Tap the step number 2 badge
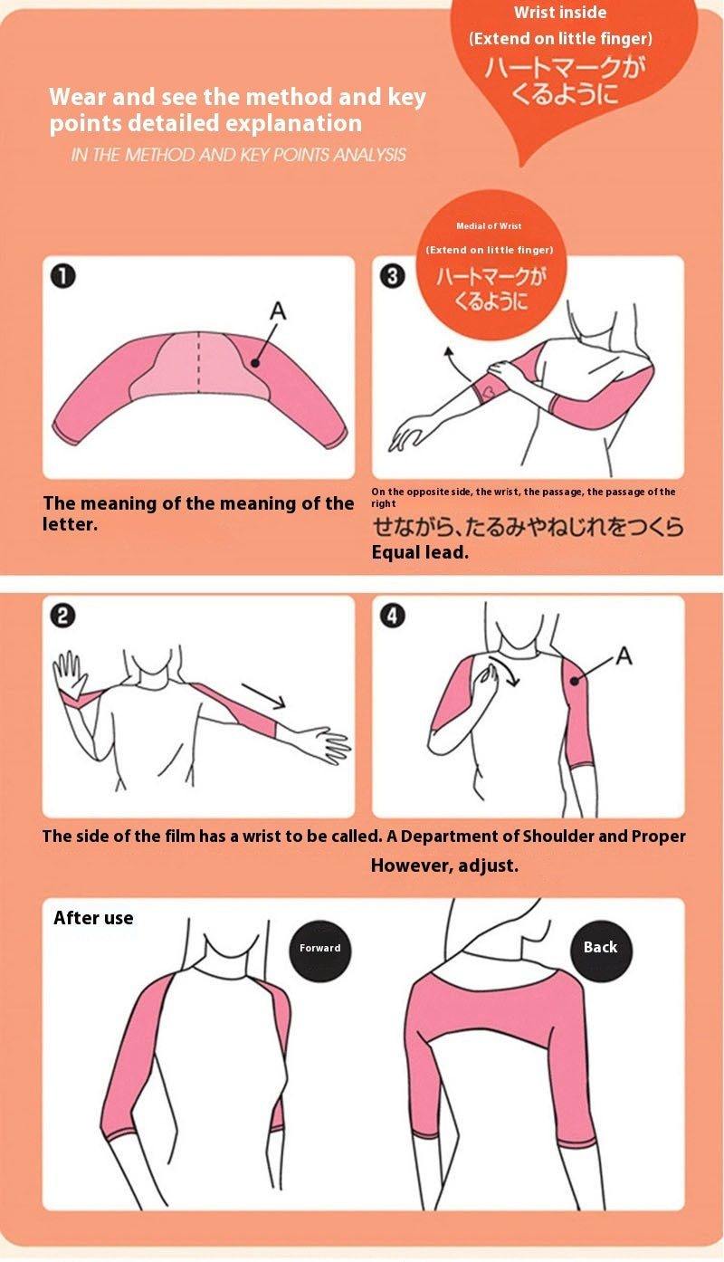(x=62, y=617)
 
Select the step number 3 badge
(x=392, y=277)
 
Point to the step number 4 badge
(x=392, y=617)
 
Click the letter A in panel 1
(x=278, y=311)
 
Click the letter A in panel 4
(x=624, y=655)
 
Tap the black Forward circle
(x=320, y=948)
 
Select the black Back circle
(x=600, y=947)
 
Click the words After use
(x=93, y=918)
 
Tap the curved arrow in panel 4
(x=511, y=671)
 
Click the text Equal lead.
(x=420, y=552)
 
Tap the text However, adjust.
(x=444, y=865)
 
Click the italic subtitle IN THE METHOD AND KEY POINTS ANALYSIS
(x=239, y=155)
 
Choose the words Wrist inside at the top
(x=560, y=13)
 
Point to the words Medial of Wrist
(x=489, y=226)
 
